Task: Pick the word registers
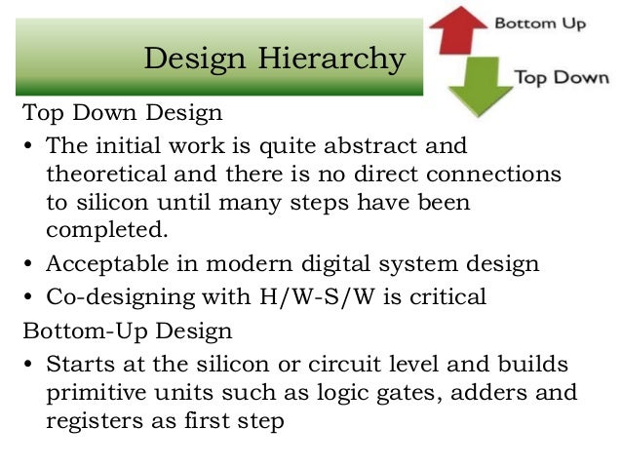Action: (91, 423)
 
